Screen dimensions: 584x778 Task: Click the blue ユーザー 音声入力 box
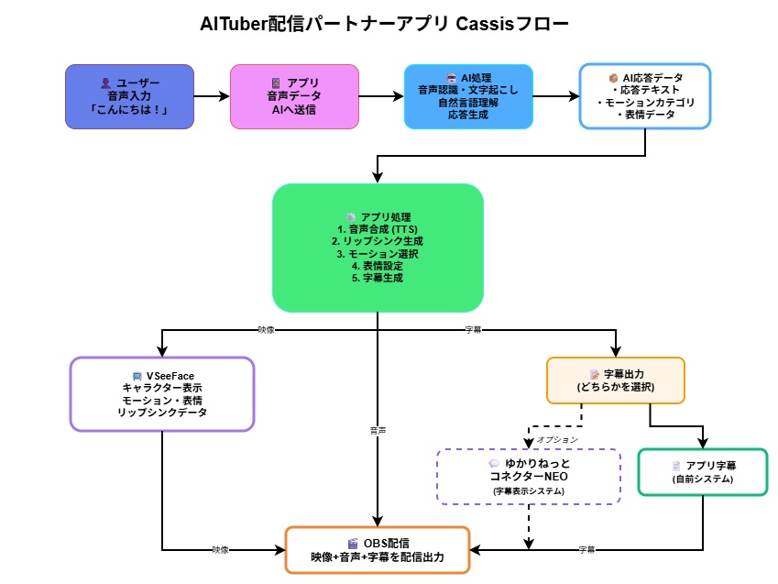click(x=130, y=96)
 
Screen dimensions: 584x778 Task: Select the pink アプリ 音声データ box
click(x=293, y=96)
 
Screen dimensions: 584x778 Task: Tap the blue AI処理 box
click(x=468, y=96)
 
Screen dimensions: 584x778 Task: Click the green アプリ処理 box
click(x=378, y=248)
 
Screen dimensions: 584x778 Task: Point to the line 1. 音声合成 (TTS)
click(x=378, y=227)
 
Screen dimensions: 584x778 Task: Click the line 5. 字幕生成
click(x=378, y=277)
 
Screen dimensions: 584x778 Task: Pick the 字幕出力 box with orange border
click(x=615, y=380)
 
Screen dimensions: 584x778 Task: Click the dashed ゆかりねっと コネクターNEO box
click(x=529, y=476)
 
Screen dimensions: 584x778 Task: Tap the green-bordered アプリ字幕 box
click(x=702, y=472)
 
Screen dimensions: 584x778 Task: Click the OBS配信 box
click(x=378, y=550)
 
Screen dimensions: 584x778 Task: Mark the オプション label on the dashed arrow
click(x=556, y=439)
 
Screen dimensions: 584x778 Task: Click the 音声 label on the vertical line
click(x=378, y=428)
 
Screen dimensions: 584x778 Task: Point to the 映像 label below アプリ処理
click(x=266, y=329)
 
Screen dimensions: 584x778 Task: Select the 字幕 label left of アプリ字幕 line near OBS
click(x=586, y=550)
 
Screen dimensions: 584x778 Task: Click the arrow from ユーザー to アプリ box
click(x=212, y=96)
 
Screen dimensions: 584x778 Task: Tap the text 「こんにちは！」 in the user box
click(x=130, y=110)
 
